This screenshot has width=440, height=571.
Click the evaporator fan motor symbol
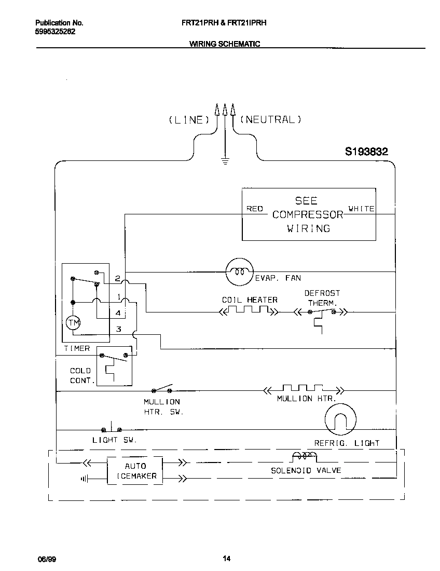click(x=239, y=271)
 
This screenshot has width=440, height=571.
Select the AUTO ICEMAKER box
click(x=135, y=471)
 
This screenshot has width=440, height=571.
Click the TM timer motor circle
click(x=73, y=323)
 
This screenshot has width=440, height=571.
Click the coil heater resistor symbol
click(x=247, y=311)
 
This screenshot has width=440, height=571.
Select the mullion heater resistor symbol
click(x=303, y=389)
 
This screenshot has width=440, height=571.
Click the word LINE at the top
click(x=189, y=120)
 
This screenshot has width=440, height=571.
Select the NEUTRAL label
click(x=270, y=120)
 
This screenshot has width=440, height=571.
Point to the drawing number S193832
click(x=367, y=152)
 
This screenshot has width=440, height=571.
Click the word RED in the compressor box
click(x=254, y=209)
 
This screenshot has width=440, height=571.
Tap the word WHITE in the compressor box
click(x=361, y=209)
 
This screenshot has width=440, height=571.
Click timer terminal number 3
click(x=118, y=329)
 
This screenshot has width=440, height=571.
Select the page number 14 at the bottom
click(x=226, y=559)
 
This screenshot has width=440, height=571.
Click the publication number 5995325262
click(x=55, y=31)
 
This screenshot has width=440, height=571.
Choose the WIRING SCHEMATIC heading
click(x=224, y=44)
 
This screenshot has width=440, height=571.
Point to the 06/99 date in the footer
click(x=46, y=559)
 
